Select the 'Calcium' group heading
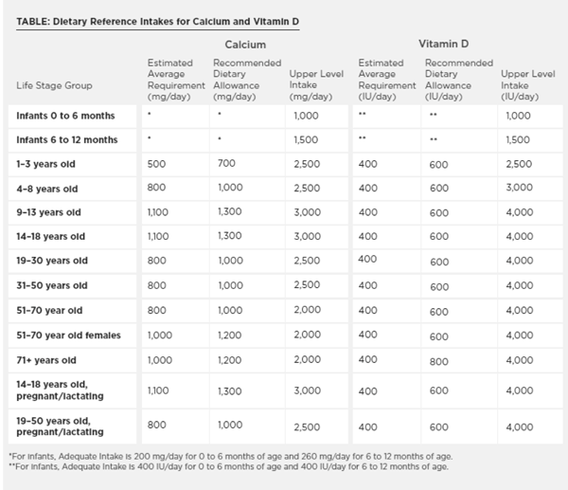pos(244,45)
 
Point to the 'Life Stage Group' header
pos(54,85)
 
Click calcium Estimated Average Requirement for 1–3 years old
pos(158,163)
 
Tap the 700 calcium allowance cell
pos(224,163)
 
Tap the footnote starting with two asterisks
pos(227,466)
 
